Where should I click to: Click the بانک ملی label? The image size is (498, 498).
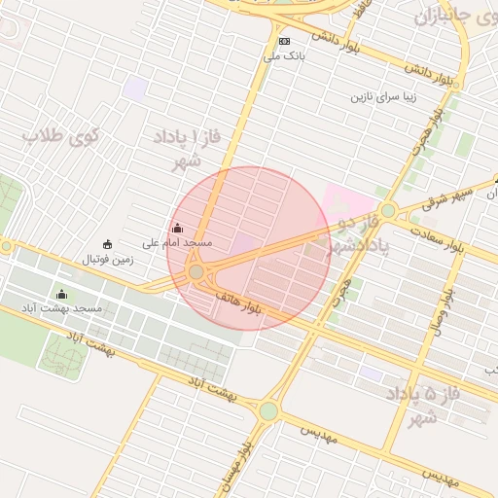point(284,56)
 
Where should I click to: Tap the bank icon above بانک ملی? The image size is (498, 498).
point(284,41)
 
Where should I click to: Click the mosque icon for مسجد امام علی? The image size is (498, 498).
point(176,228)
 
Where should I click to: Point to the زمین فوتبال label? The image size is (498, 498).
point(107,260)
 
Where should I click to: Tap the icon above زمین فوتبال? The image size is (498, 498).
point(107,244)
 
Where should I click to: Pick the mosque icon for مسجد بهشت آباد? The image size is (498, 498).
point(63,294)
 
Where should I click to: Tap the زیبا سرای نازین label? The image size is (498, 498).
point(389,97)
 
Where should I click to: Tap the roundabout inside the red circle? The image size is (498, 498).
point(196,271)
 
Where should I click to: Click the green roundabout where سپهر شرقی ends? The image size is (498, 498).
point(388,210)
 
